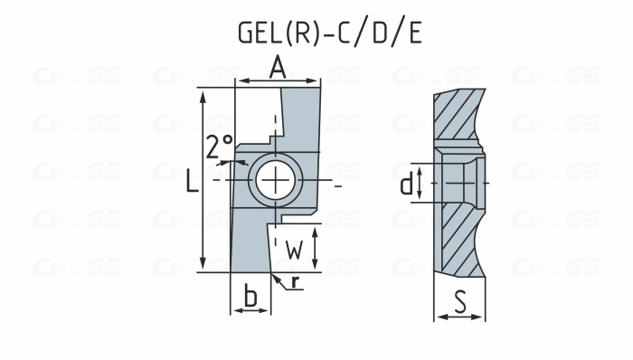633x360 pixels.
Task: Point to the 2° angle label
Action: tap(219, 146)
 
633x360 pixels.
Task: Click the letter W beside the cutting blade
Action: tap(294, 249)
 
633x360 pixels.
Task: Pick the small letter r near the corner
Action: tap(296, 282)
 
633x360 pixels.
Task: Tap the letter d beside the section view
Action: tap(408, 185)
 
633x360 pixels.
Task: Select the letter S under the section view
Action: tap(460, 301)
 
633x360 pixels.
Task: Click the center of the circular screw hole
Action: tap(272, 181)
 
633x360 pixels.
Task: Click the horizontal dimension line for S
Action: tap(460, 317)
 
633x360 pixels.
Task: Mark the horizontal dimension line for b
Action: tap(251, 310)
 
